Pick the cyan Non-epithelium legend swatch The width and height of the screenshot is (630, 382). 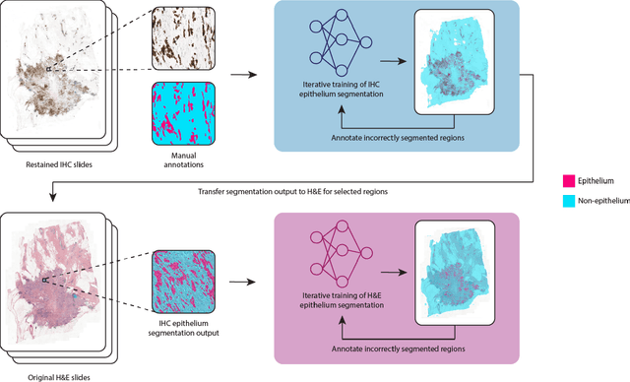[569, 201]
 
